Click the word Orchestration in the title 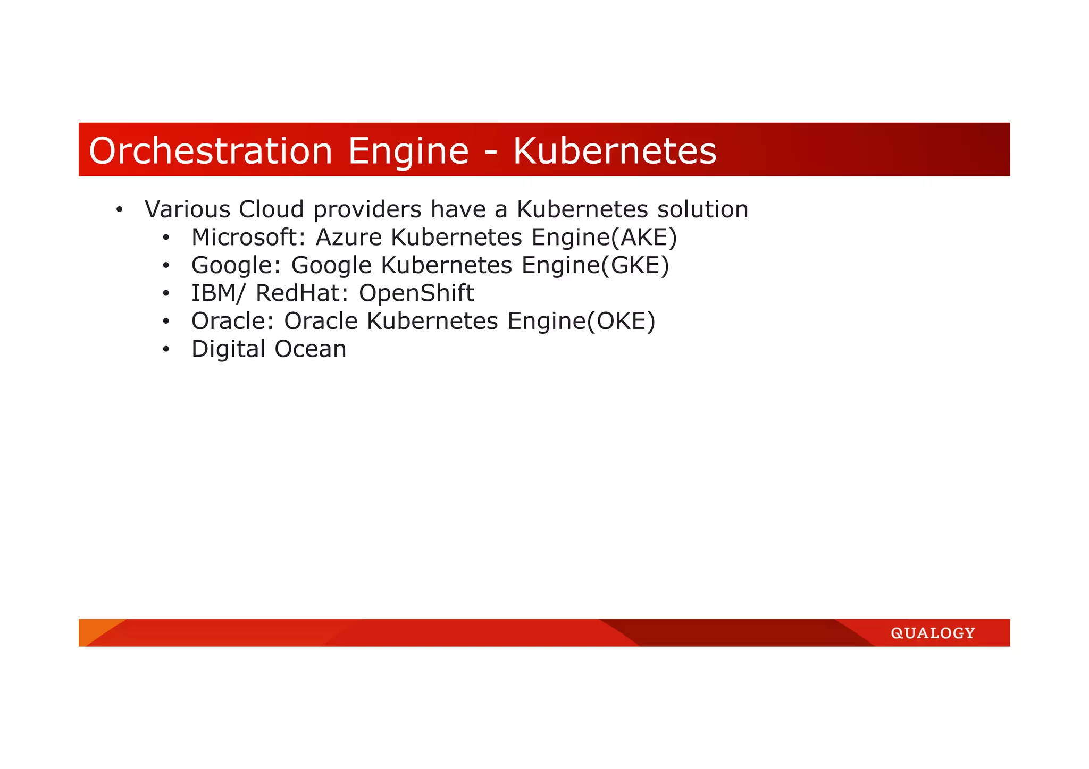211,151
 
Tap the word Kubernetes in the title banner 614,151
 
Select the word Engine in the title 408,152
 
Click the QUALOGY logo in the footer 933,633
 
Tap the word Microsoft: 248,237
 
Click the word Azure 349,237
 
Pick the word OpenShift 416,293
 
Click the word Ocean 311,349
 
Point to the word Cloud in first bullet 271,209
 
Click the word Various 187,209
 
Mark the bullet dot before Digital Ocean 166,350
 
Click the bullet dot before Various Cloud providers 119,209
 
